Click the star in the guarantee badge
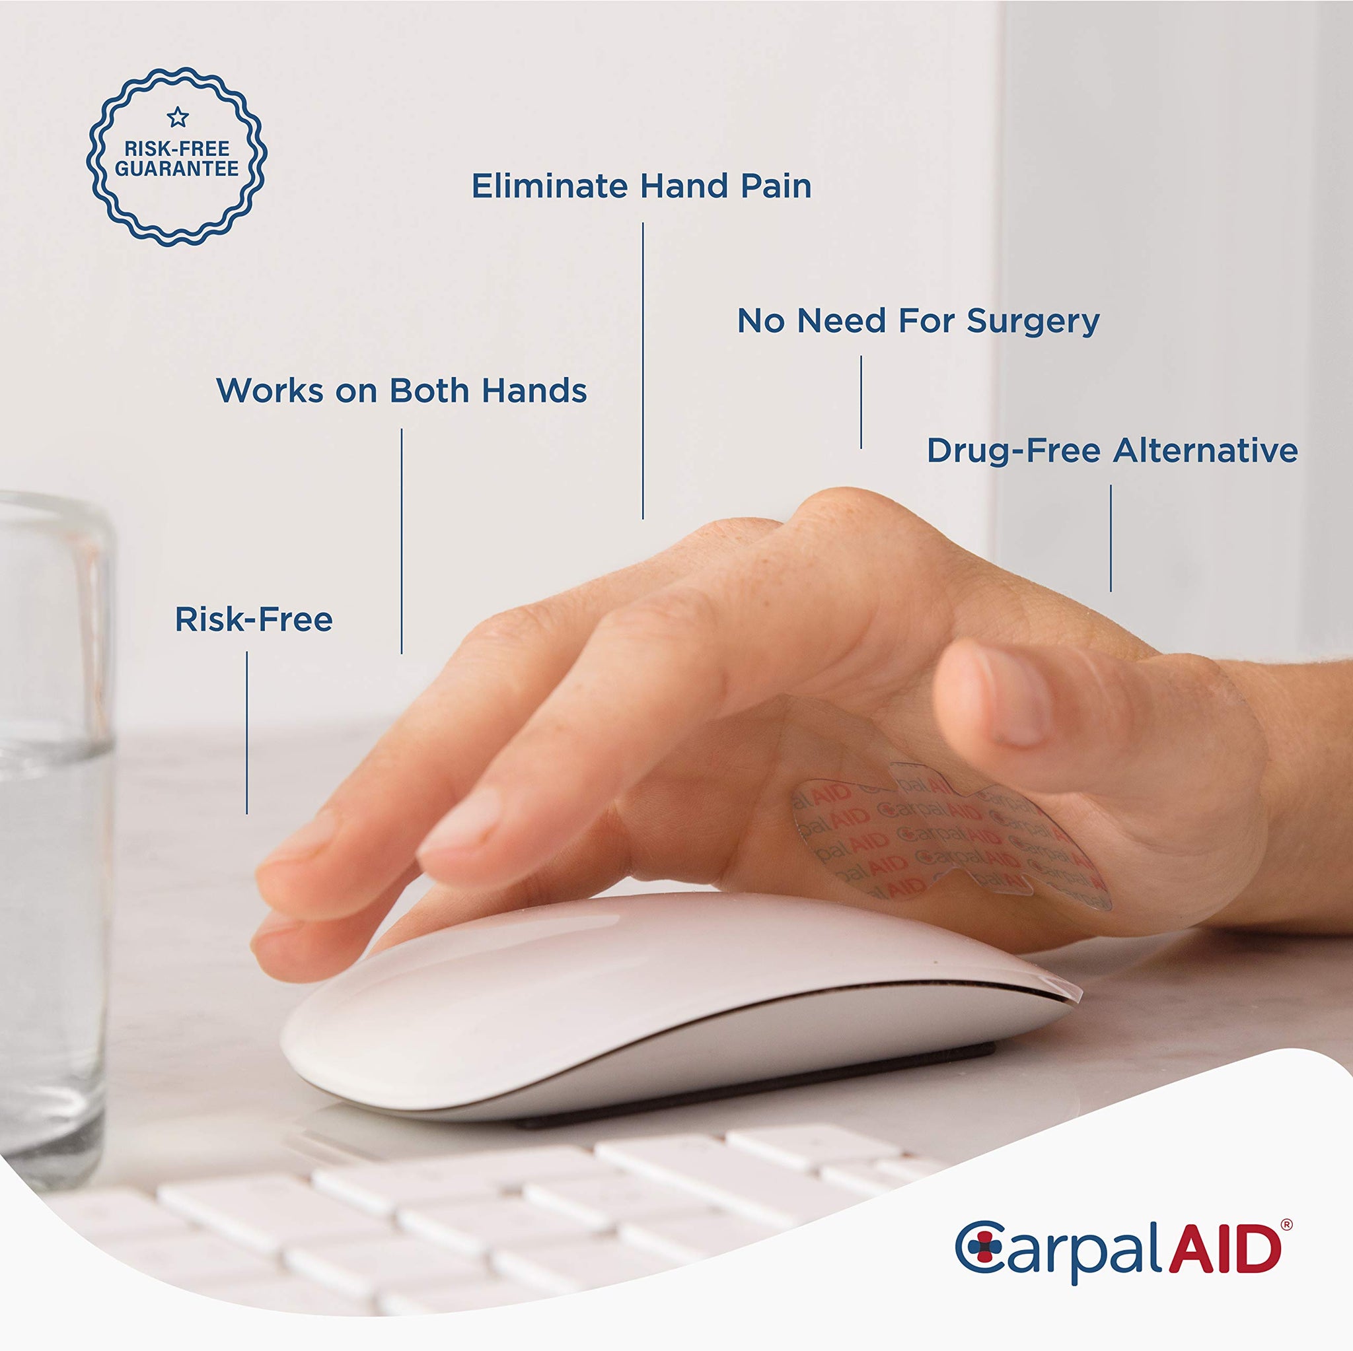[178, 117]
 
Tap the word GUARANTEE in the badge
[177, 168]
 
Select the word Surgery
[1034, 322]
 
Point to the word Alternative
[1206, 450]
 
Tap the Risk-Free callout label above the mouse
[254, 619]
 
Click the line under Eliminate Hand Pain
[643, 371]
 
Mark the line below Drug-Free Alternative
[1111, 538]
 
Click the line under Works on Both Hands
[401, 541]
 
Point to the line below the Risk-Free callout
[246, 733]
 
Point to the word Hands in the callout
[534, 391]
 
